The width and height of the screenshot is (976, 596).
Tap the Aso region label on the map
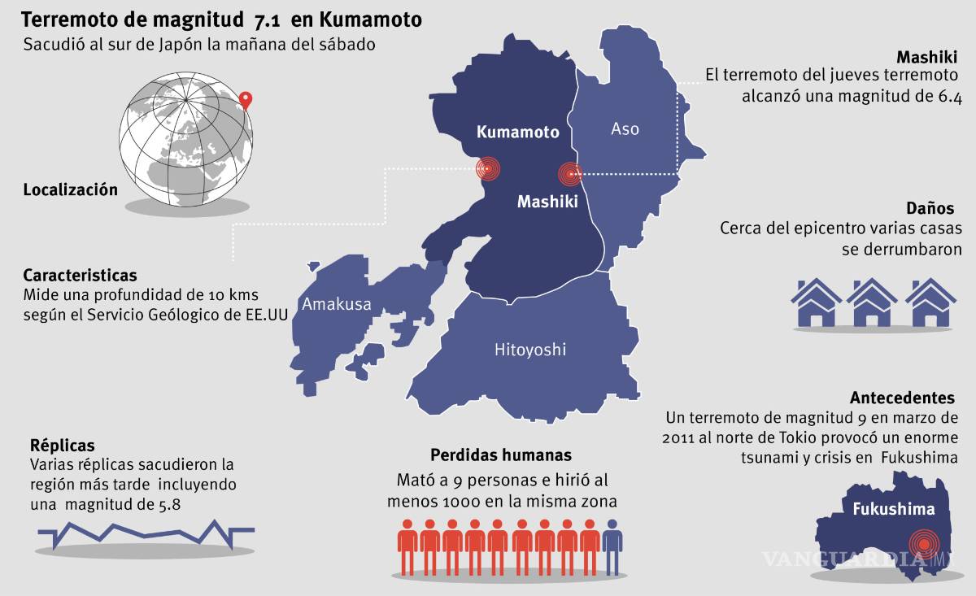(625, 128)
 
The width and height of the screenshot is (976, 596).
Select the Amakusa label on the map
(336, 304)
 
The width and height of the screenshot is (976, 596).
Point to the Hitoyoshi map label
(530, 350)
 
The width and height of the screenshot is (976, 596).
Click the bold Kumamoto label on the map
(518, 132)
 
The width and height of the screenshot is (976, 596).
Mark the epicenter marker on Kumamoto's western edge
(486, 169)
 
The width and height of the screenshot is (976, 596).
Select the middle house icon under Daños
(873, 302)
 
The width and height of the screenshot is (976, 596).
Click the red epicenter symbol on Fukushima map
(924, 542)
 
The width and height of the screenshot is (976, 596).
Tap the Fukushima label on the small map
(893, 510)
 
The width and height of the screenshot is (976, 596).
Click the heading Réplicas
(62, 446)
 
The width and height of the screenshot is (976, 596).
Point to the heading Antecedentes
(902, 398)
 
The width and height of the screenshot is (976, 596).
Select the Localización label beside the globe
(70, 189)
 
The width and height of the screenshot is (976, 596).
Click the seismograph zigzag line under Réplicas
(146, 532)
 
